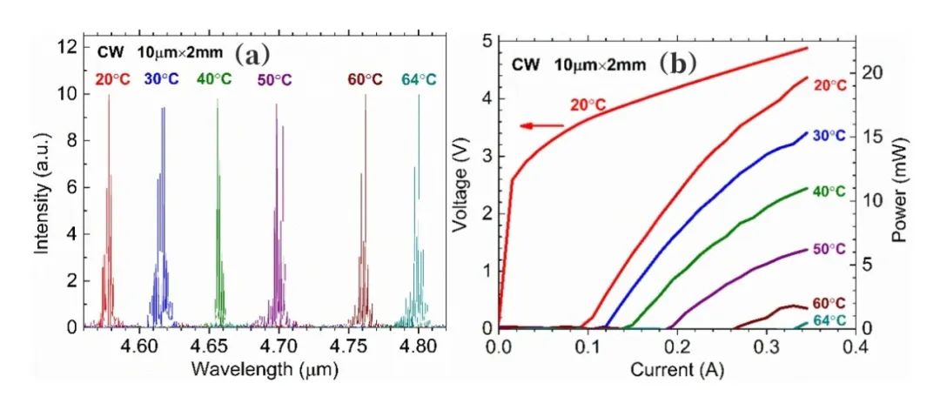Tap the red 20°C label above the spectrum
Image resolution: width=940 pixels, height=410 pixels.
(115, 79)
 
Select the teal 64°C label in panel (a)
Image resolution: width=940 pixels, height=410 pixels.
(419, 79)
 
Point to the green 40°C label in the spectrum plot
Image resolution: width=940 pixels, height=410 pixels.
(214, 79)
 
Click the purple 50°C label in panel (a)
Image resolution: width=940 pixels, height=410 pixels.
(274, 79)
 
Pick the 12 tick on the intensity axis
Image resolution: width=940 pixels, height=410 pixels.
(66, 48)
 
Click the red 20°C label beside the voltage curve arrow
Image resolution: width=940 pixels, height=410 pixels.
(588, 105)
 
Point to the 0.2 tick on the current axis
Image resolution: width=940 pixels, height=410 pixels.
(678, 346)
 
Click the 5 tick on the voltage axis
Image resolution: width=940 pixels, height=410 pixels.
(488, 41)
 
